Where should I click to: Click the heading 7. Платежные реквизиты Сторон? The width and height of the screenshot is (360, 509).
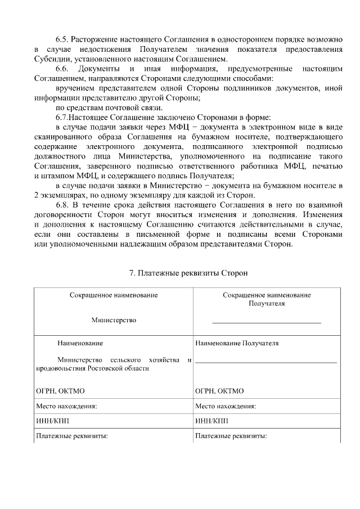point(188,273)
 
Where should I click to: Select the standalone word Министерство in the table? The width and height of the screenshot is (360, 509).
point(114,320)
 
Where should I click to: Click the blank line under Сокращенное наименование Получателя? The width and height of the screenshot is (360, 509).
point(266,322)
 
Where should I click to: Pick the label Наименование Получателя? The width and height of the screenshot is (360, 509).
point(237,343)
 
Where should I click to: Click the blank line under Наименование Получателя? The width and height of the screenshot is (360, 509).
point(266,362)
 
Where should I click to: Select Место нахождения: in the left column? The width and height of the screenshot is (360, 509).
point(66,406)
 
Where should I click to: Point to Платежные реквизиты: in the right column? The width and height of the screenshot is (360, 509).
point(231,436)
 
